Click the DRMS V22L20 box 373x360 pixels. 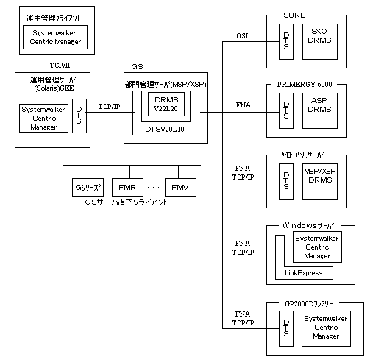point(166,104)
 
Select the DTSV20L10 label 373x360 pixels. point(165,130)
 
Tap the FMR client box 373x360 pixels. point(127,187)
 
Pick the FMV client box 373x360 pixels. point(180,187)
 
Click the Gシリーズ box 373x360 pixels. point(88,187)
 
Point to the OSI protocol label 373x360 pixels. point(242,36)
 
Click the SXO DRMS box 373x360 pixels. point(320,41)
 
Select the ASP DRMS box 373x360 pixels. point(320,110)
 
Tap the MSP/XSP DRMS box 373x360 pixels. point(320,181)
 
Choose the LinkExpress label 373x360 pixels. point(304,273)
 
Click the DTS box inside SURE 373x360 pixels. point(286,41)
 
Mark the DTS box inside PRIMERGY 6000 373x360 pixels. point(286,110)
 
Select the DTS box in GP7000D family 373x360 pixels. point(286,328)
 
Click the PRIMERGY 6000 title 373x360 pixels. point(305,85)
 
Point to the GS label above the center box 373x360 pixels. point(137,67)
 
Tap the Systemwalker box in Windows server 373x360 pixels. point(317,247)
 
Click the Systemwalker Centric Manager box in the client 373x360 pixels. point(55,37)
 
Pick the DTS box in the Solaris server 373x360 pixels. point(79,116)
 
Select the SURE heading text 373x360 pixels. point(294,15)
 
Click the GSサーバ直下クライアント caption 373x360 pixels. point(127,202)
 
